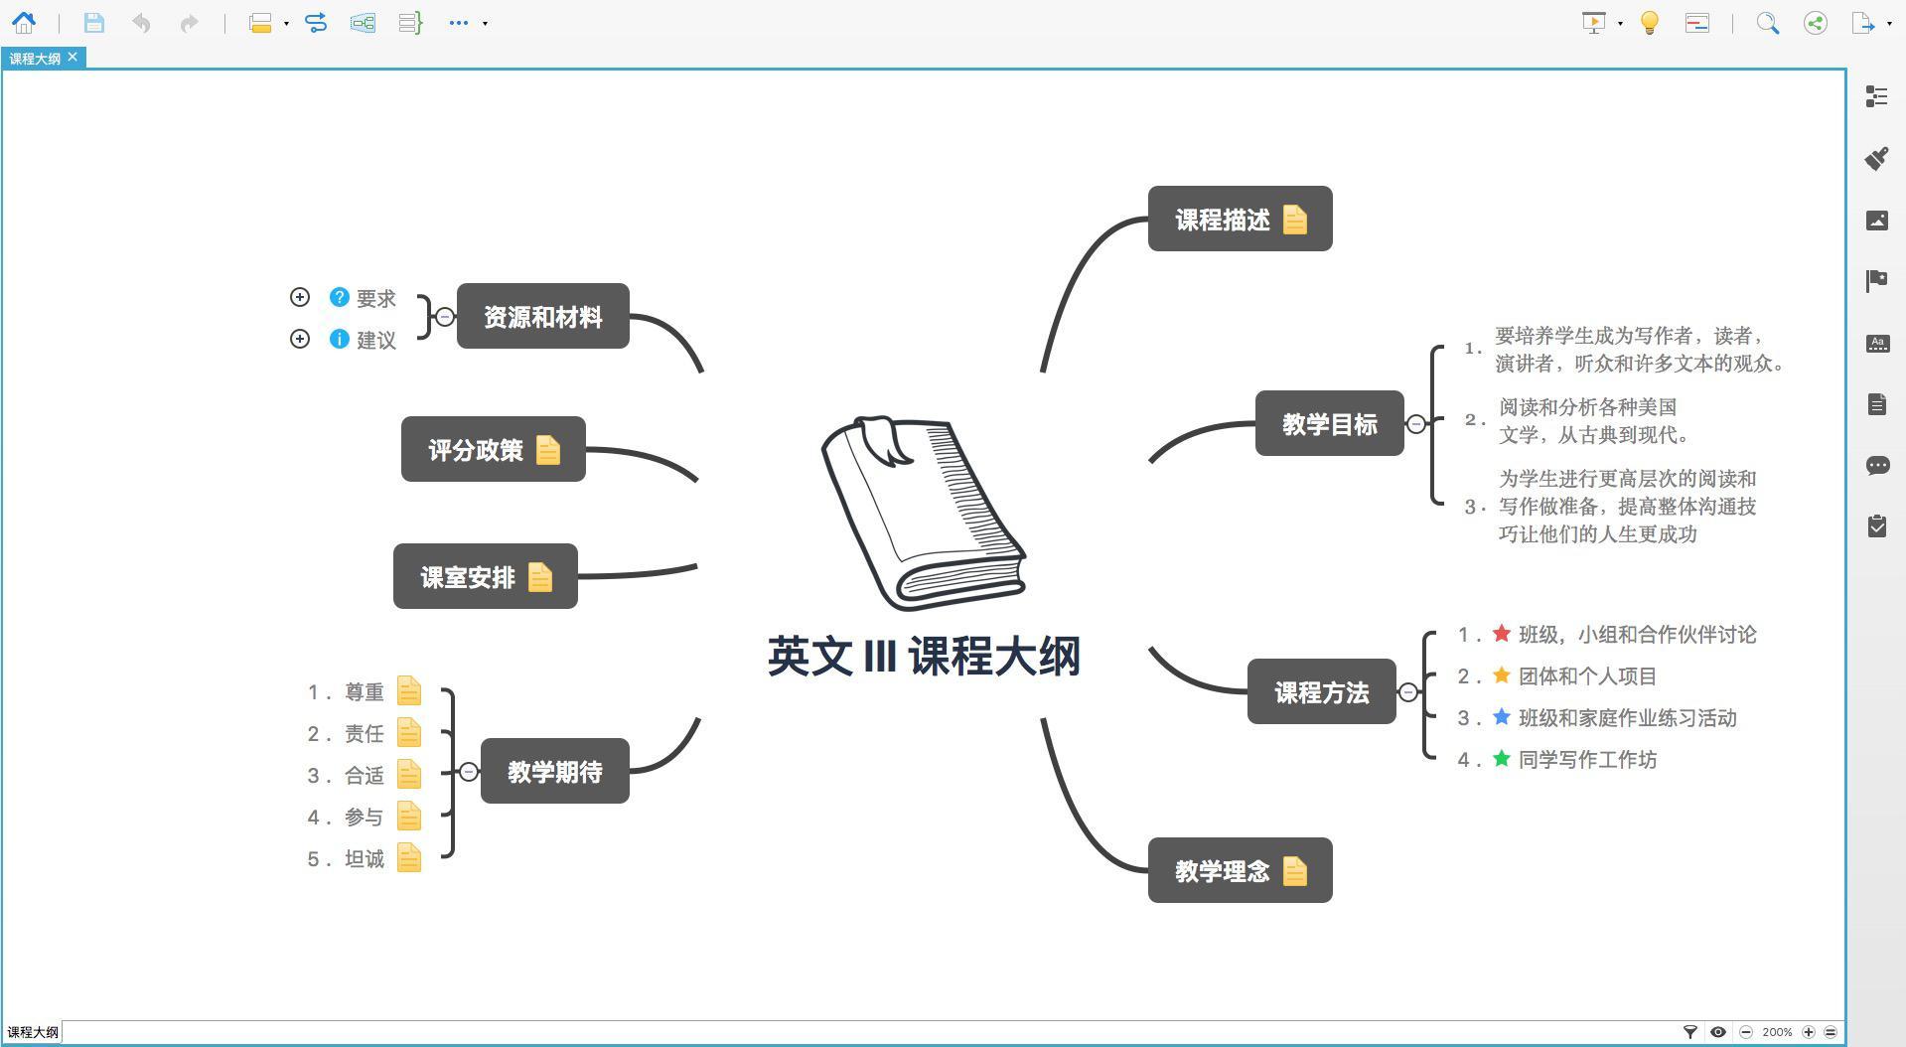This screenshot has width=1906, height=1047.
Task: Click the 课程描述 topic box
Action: pyautogui.click(x=1222, y=219)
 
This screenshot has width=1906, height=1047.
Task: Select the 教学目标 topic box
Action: pyautogui.click(x=1329, y=424)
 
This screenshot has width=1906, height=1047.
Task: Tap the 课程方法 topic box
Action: pyautogui.click(x=1321, y=692)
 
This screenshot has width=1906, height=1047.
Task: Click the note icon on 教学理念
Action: pyautogui.click(x=1294, y=871)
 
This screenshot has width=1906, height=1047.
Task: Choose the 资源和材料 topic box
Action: pyautogui.click(x=542, y=317)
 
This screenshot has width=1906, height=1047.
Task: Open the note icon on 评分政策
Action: pyautogui.click(x=548, y=450)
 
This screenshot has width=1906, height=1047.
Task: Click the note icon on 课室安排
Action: pyautogui.click(x=540, y=577)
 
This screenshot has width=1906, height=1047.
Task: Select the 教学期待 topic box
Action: pyautogui.click(x=554, y=772)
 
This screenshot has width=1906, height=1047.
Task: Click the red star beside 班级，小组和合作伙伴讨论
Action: pyautogui.click(x=1502, y=634)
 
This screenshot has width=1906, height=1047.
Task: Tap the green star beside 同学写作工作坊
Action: pyautogui.click(x=1502, y=759)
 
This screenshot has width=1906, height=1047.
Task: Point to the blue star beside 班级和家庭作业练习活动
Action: pyautogui.click(x=1502, y=717)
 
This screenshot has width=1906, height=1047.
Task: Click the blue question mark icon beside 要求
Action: pyautogui.click(x=340, y=297)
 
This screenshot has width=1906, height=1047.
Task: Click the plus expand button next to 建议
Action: pyautogui.click(x=300, y=339)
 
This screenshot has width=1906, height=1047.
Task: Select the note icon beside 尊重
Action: pyautogui.click(x=409, y=690)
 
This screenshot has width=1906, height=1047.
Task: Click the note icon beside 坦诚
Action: pyautogui.click(x=409, y=857)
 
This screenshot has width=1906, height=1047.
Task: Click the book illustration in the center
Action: pyautogui.click(x=923, y=513)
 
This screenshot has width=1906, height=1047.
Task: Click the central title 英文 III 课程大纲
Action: pyautogui.click(x=924, y=657)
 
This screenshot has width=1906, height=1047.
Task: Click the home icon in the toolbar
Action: pyautogui.click(x=24, y=23)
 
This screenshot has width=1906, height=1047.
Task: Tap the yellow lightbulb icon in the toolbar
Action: pyautogui.click(x=1650, y=23)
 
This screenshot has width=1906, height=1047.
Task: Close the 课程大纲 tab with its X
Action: pyautogui.click(x=73, y=58)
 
